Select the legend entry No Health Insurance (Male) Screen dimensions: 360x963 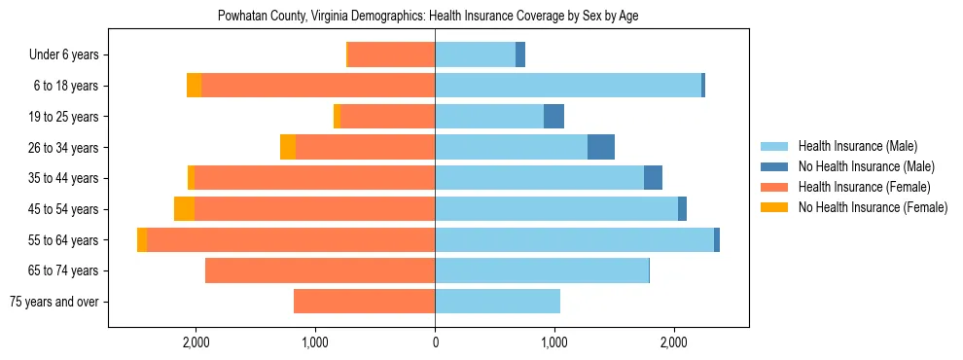pyautogui.click(x=866, y=166)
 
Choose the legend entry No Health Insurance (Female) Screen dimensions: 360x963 pyautogui.click(x=872, y=207)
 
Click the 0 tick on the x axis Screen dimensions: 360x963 pyautogui.click(x=435, y=342)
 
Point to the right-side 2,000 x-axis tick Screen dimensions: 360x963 pyautogui.click(x=674, y=342)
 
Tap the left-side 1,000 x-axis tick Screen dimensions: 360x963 pyautogui.click(x=315, y=342)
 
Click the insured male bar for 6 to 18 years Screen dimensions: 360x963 pyautogui.click(x=568, y=86)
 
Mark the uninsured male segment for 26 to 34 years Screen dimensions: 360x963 pyautogui.click(x=601, y=147)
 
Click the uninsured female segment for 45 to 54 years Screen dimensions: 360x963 pyautogui.click(x=184, y=209)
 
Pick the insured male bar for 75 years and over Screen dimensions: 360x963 pyautogui.click(x=497, y=302)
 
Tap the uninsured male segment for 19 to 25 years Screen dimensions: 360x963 pyautogui.click(x=553, y=117)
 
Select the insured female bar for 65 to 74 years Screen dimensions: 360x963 pyautogui.click(x=320, y=270)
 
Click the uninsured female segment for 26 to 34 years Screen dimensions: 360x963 pyautogui.click(x=288, y=147)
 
